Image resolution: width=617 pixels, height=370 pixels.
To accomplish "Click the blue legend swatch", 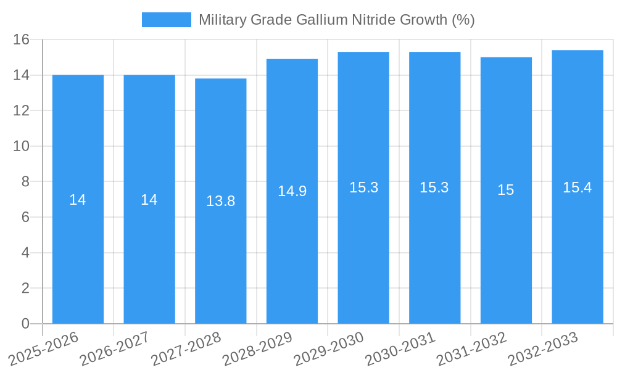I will click(x=166, y=20).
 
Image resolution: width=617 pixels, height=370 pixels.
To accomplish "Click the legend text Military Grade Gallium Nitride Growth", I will click(x=336, y=20).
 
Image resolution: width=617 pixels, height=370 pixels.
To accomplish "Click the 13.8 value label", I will click(x=220, y=201).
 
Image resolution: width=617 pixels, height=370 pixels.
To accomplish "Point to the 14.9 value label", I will click(x=292, y=191).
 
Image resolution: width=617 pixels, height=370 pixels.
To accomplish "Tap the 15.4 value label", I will click(x=577, y=187).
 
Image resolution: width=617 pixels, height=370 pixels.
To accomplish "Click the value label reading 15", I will click(x=506, y=190).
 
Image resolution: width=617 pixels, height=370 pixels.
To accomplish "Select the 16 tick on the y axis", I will click(x=21, y=39).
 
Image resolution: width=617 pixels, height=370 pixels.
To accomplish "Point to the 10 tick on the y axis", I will click(x=21, y=146).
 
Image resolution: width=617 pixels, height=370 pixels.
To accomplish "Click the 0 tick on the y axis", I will click(x=25, y=324).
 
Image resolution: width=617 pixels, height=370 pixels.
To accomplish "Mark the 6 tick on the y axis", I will click(x=25, y=217).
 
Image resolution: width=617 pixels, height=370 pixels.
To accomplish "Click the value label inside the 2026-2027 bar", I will click(x=149, y=200).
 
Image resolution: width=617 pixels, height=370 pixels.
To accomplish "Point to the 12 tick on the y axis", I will click(x=21, y=110).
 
